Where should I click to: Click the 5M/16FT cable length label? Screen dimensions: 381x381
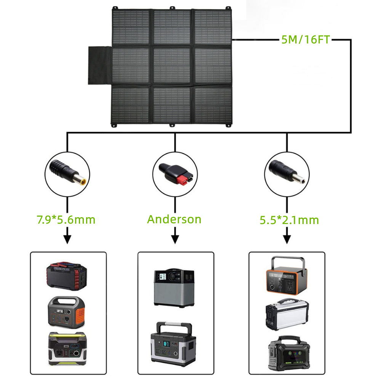305,39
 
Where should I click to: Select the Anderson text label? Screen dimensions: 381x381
174,219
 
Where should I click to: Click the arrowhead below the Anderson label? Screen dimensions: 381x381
175,240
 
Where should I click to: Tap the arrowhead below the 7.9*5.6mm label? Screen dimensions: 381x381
67,240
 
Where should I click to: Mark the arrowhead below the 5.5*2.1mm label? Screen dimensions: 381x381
287,240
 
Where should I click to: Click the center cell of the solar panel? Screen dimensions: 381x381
172,66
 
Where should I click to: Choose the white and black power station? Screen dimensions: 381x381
286,314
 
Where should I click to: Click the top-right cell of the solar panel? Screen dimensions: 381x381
213,27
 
